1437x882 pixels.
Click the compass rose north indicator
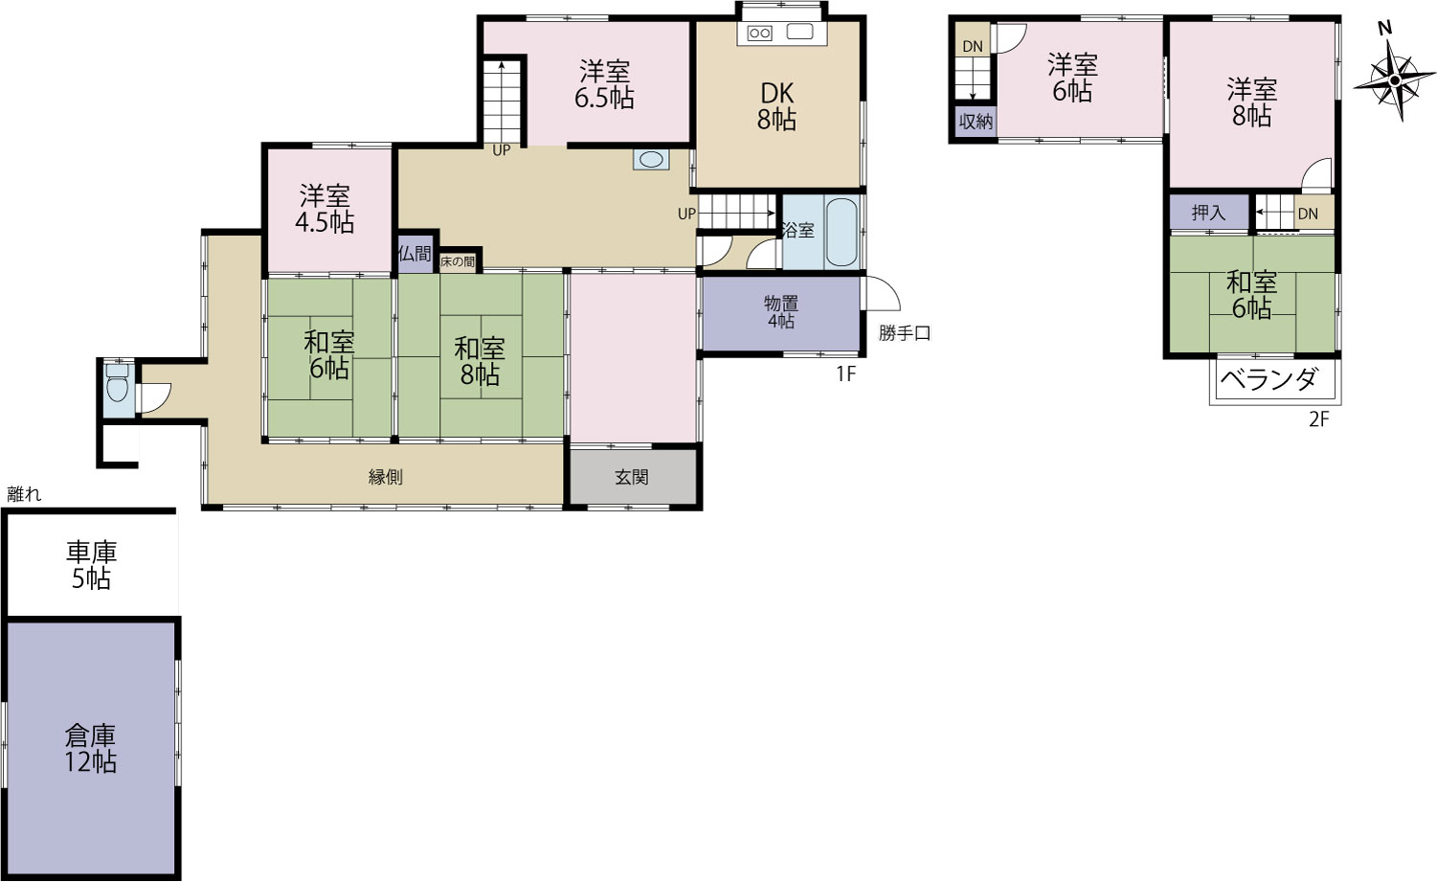tap(1385, 28)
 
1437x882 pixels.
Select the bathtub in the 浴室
tap(842, 232)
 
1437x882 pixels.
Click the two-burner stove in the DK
tap(760, 33)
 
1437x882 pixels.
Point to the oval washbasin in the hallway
tap(651, 159)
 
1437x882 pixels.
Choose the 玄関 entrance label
tap(632, 477)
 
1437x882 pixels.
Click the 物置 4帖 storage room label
tap(780, 312)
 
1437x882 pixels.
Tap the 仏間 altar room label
tap(415, 254)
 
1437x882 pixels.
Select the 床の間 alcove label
tap(458, 261)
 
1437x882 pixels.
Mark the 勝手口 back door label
tap(905, 333)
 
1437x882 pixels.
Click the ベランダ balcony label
tap(1269, 379)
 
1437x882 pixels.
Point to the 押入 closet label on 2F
tap(1208, 213)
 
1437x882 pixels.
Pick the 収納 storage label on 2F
tap(976, 122)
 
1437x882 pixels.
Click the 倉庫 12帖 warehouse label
tap(90, 749)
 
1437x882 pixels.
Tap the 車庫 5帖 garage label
tap(91, 565)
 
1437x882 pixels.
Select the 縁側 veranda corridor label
tap(386, 477)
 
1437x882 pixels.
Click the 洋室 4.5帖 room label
tap(325, 209)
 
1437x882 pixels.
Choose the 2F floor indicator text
tap(1319, 419)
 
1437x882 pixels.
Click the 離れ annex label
tap(24, 494)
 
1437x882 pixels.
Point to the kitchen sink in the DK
tap(799, 32)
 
